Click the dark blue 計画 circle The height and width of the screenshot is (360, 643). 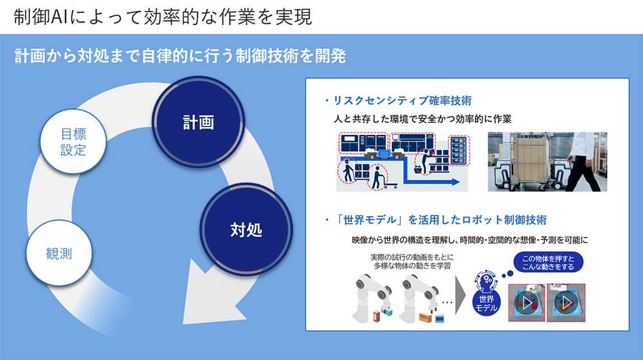[199, 122]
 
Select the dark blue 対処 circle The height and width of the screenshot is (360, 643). [246, 230]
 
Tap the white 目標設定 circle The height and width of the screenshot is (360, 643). [73, 141]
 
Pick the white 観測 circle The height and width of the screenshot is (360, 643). [59, 253]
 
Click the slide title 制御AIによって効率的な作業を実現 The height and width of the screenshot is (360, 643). [163, 17]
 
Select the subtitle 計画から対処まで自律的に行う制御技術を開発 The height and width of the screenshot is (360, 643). [181, 56]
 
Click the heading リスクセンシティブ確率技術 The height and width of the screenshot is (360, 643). [403, 100]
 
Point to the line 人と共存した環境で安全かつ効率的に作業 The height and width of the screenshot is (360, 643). [422, 119]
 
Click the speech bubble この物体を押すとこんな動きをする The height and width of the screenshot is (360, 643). [548, 262]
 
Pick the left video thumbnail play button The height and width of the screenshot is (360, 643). [527, 303]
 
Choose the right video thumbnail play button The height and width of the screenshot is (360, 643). [566, 303]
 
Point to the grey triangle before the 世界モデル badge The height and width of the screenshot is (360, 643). [460, 295]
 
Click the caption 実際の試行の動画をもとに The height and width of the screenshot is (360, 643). [412, 257]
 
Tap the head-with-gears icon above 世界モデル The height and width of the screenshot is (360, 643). [486, 280]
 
